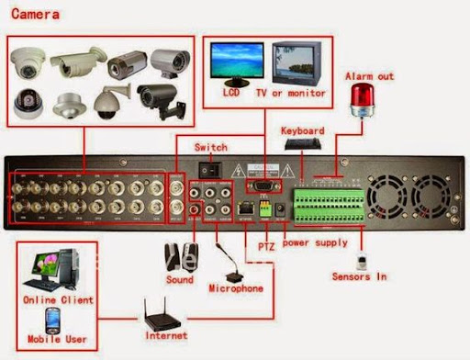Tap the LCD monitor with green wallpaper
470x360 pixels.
pyautogui.click(x=230, y=63)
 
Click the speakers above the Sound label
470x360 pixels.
pyautogui.click(x=180, y=254)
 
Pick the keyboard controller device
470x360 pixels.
pyautogui.click(x=303, y=144)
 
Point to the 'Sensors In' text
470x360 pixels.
pyautogui.click(x=360, y=276)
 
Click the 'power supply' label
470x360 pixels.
pyautogui.click(x=316, y=243)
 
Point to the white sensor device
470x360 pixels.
pyautogui.click(x=361, y=254)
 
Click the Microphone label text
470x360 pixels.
pyautogui.click(x=235, y=288)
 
